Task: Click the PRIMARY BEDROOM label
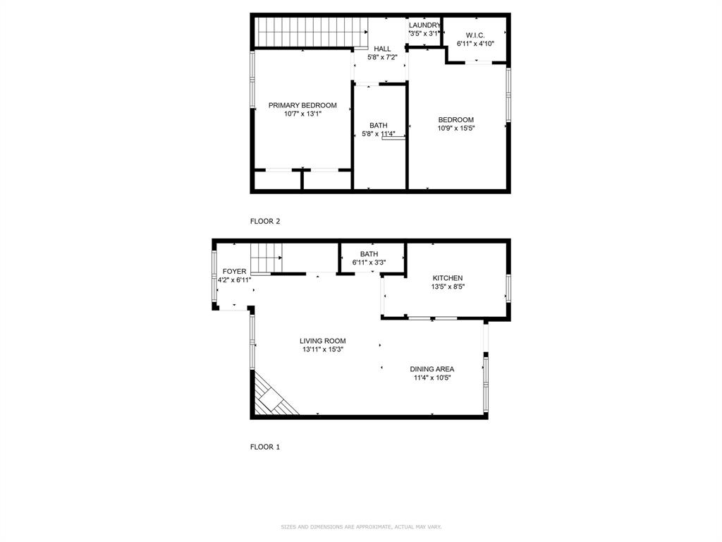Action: coord(302,105)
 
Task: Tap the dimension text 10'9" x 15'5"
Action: coord(456,128)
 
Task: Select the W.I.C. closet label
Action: coord(475,35)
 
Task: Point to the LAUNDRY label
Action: coord(424,25)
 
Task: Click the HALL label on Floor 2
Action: coord(382,49)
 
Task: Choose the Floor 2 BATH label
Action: coord(378,125)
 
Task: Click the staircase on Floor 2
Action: coord(311,31)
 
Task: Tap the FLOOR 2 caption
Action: coord(265,221)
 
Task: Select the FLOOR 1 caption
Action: coord(265,447)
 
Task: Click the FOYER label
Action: coord(234,271)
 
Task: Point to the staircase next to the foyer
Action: coord(266,257)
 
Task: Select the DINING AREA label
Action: coord(432,369)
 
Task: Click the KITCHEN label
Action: coord(448,278)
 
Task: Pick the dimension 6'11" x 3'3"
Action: coord(369,263)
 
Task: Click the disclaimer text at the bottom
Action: coord(361,526)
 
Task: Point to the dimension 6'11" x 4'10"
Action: coord(475,44)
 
